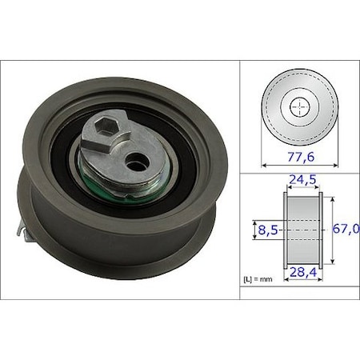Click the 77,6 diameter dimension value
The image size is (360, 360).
[x=301, y=157]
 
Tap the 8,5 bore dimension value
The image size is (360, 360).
[x=268, y=230]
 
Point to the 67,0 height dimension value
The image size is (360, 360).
[x=346, y=229]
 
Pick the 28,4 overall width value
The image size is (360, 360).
[x=303, y=272]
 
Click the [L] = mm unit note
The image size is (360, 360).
[x=258, y=279]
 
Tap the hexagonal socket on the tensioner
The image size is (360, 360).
[x=106, y=126]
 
